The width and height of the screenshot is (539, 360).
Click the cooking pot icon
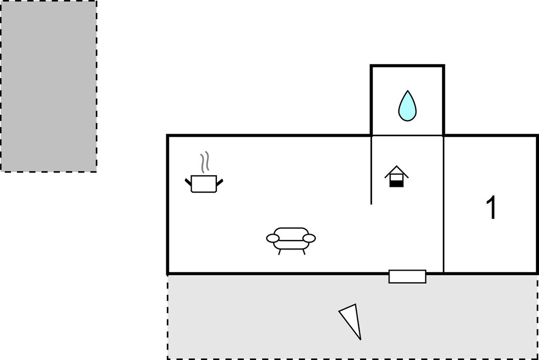click(204, 184)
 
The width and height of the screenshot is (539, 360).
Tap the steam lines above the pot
click(205, 162)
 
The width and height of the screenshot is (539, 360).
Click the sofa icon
click(291, 239)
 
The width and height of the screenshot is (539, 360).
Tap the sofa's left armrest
click(273, 238)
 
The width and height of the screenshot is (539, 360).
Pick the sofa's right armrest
click(309, 238)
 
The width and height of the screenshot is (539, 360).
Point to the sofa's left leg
click(280, 252)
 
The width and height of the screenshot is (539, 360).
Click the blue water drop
click(407, 106)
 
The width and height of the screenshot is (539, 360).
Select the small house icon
click(396, 177)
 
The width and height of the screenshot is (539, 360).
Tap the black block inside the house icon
click(396, 184)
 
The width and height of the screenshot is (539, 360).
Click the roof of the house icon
click(396, 172)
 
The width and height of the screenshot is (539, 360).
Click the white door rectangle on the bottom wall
click(407, 276)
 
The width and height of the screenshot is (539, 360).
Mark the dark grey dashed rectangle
click(48, 86)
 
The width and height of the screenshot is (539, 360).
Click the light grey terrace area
click(353, 317)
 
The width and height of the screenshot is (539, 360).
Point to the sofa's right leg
click(304, 252)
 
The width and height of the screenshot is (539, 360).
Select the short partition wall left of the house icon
click(371, 170)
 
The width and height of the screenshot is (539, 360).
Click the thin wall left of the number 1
click(443, 205)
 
